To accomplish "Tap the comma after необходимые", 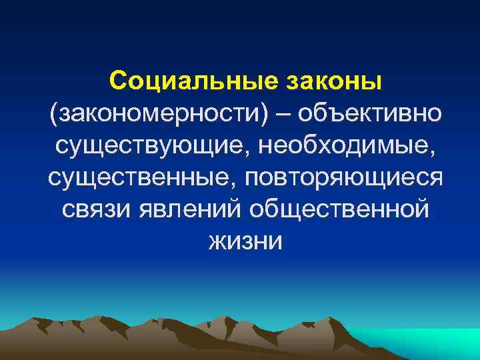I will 429,152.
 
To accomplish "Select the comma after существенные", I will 240,185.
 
